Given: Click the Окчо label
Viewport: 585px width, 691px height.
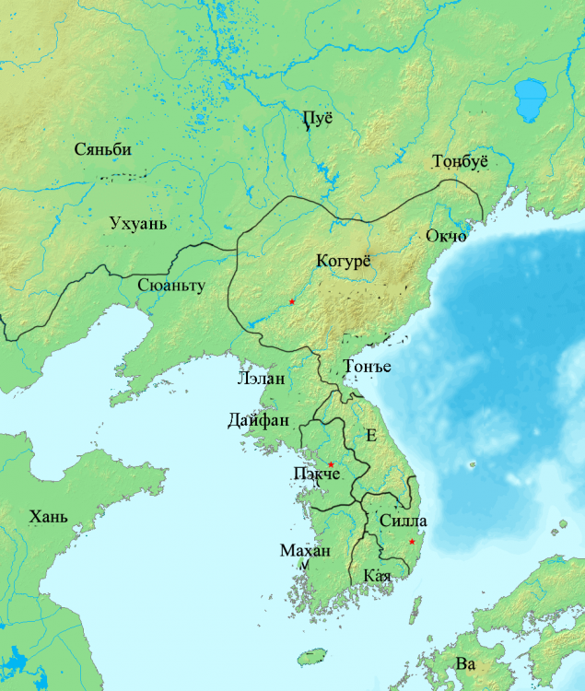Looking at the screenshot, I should point(446,237).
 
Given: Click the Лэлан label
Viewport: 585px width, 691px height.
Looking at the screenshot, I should point(261,379).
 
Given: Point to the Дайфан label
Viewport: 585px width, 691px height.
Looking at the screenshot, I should point(259,421).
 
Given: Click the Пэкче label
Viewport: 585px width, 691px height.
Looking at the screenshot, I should point(316,474).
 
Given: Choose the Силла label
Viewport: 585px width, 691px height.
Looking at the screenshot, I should point(403,521).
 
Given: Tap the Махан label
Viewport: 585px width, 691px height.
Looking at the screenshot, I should point(304,551).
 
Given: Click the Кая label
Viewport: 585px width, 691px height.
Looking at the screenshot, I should point(378,576).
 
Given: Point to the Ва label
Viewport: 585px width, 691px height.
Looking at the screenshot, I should point(465,663).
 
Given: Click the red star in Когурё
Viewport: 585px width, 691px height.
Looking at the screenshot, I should point(292,302).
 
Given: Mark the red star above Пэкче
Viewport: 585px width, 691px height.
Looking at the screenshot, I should point(331,464).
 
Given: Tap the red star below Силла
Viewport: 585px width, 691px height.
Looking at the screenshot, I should point(412,541).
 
